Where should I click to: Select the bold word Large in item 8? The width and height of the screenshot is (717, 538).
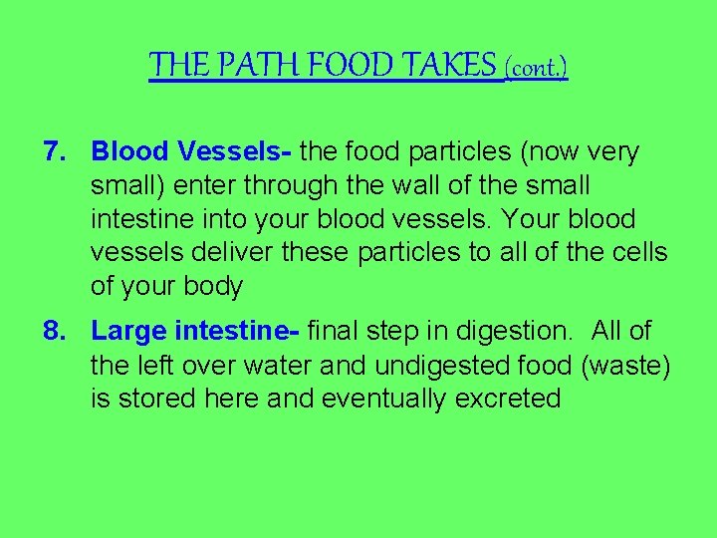(128, 331)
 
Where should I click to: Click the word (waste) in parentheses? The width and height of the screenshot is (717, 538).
(625, 365)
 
